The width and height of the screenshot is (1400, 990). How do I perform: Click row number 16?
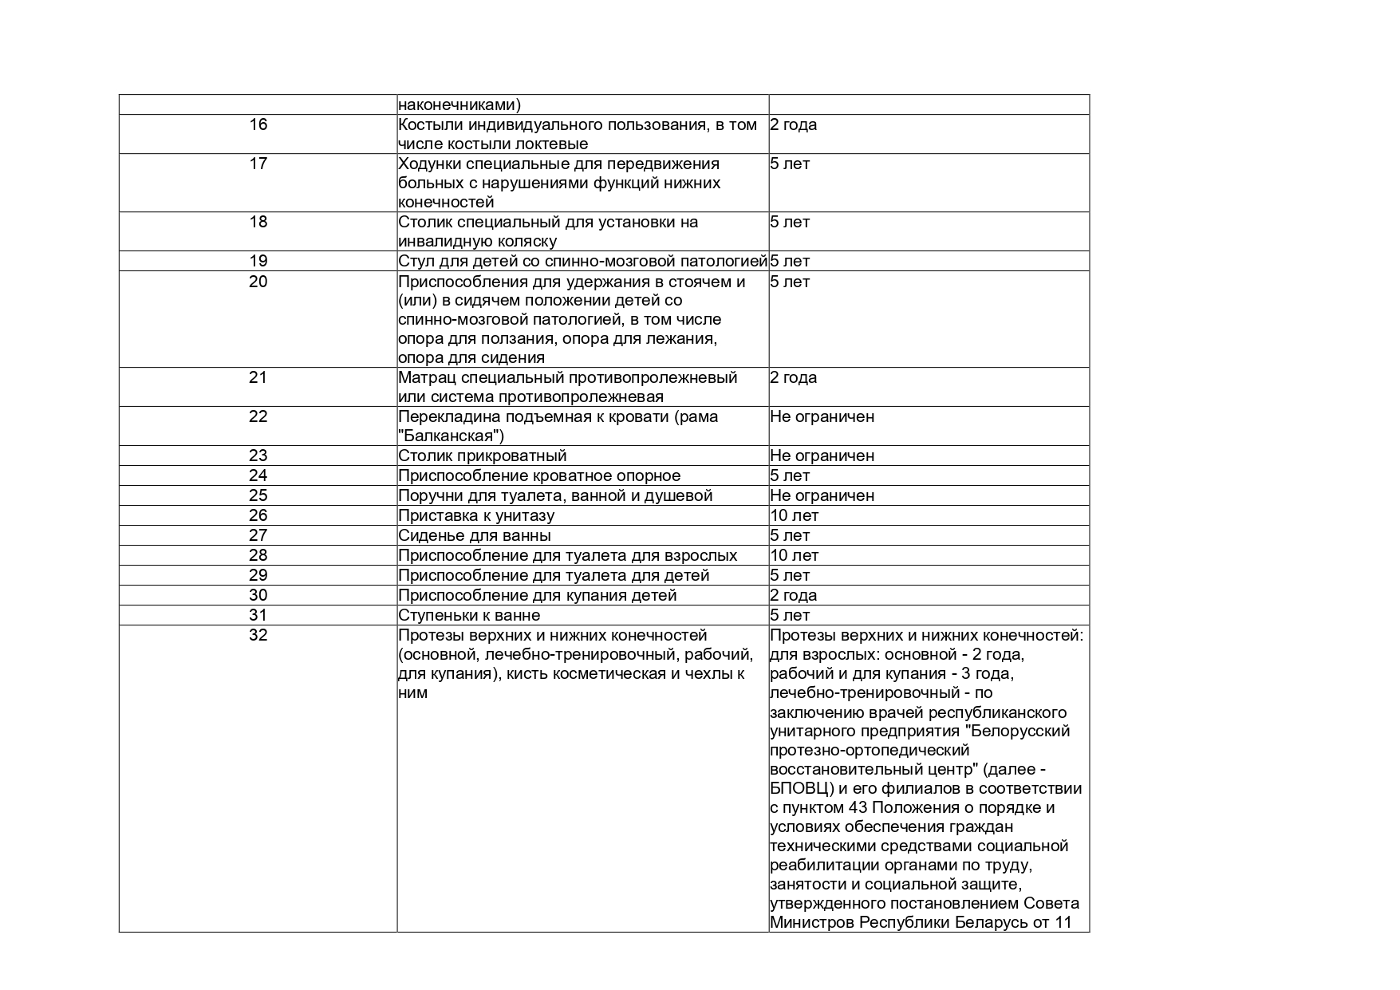pyautogui.click(x=258, y=124)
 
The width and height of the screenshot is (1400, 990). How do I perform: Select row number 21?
pyautogui.click(x=258, y=377)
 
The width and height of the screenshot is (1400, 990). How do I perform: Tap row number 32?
pyautogui.click(x=258, y=635)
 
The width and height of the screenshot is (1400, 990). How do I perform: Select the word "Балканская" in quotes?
pyautogui.click(x=451, y=436)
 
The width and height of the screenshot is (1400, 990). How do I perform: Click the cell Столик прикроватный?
pyautogui.click(x=482, y=456)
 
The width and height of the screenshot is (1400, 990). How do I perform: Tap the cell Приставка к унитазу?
pyautogui.click(x=475, y=515)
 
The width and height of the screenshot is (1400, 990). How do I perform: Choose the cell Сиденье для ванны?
pyautogui.click(x=474, y=535)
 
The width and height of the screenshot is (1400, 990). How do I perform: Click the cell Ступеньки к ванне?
pyautogui.click(x=469, y=615)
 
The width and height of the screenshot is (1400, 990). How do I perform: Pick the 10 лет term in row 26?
pyautogui.click(x=794, y=515)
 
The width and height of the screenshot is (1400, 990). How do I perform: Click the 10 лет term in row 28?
pyautogui.click(x=794, y=555)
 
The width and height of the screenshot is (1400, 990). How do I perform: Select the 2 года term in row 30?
pyautogui.click(x=793, y=595)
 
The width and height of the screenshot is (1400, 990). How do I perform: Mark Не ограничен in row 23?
pyautogui.click(x=822, y=456)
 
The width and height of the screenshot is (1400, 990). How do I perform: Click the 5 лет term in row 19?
pyautogui.click(x=790, y=261)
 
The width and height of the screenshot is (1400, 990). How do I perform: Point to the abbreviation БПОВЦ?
pyautogui.click(x=801, y=789)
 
